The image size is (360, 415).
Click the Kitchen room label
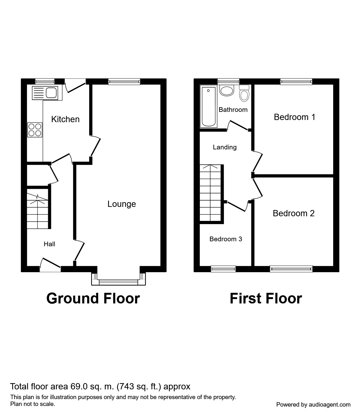[65, 119]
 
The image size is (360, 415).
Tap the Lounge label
[122, 204]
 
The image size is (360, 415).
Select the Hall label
[49, 244]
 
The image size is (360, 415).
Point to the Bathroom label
[233, 110]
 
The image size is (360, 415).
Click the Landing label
[225, 147]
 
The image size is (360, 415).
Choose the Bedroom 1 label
[294, 117]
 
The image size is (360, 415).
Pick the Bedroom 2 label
[293, 213]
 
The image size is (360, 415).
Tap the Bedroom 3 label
[226, 239]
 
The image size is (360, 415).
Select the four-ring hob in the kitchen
[35, 130]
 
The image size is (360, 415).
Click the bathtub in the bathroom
[209, 107]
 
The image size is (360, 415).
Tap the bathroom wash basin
[227, 90]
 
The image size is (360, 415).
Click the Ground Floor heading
[93, 298]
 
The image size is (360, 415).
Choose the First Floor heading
[266, 298]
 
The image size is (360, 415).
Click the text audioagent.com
[330, 405]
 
